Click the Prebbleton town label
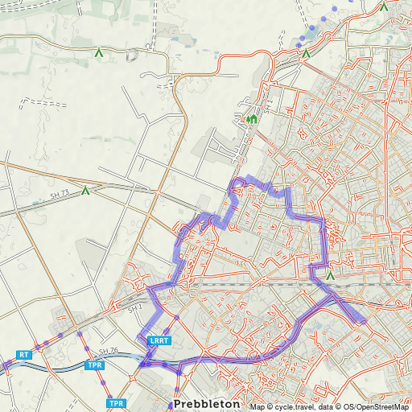point(205,402)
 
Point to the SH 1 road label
point(134,308)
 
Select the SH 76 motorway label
point(109,352)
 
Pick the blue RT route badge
point(23,354)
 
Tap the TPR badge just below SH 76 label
point(95,365)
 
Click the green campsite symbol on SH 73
point(85,191)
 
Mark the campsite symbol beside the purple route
point(330,276)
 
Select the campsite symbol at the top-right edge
point(384,6)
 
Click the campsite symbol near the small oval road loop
point(99,53)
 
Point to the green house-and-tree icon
point(252,120)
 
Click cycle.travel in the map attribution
point(294,406)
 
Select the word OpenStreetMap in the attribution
point(382,406)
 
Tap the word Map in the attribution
point(257,406)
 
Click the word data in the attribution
point(331,406)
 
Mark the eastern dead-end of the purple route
point(363,321)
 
